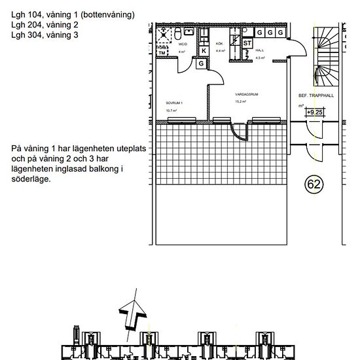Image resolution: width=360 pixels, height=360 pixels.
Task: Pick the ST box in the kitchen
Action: (x=247, y=43)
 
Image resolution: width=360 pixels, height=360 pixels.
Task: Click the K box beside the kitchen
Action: (x=204, y=51)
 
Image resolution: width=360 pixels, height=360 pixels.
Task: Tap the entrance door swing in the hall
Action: (x=298, y=49)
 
